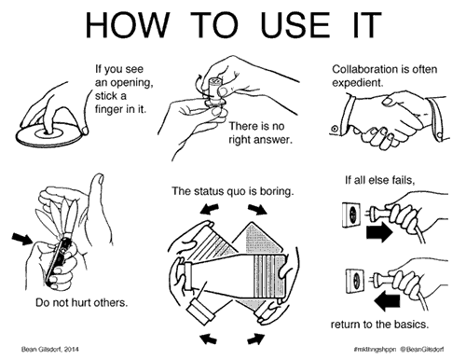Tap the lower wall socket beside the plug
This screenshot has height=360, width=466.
(354, 282)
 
